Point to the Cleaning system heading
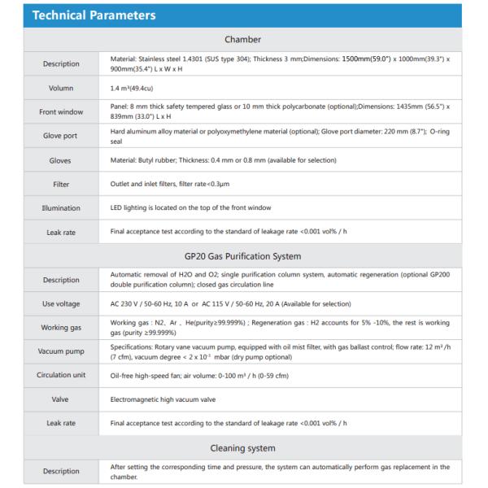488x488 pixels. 243,447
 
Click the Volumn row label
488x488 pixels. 60,87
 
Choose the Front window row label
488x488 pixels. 60,111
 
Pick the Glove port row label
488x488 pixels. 60,136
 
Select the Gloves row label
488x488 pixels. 60,160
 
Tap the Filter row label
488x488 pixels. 60,185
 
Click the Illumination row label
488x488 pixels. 60,208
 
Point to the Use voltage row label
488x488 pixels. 60,303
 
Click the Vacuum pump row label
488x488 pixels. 60,351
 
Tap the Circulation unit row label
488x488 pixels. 60,375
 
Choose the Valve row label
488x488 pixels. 60,399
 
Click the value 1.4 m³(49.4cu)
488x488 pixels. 135,87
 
